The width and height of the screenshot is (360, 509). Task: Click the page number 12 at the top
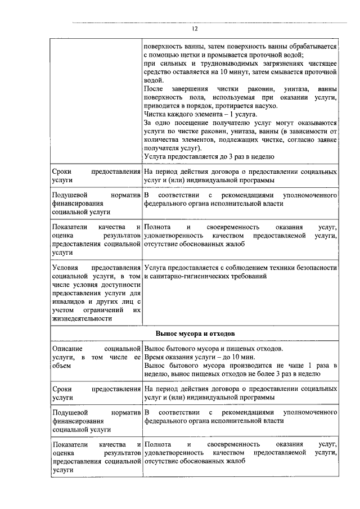195,28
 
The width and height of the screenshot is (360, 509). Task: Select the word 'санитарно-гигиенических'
185,276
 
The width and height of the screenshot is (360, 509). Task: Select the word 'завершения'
182,89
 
